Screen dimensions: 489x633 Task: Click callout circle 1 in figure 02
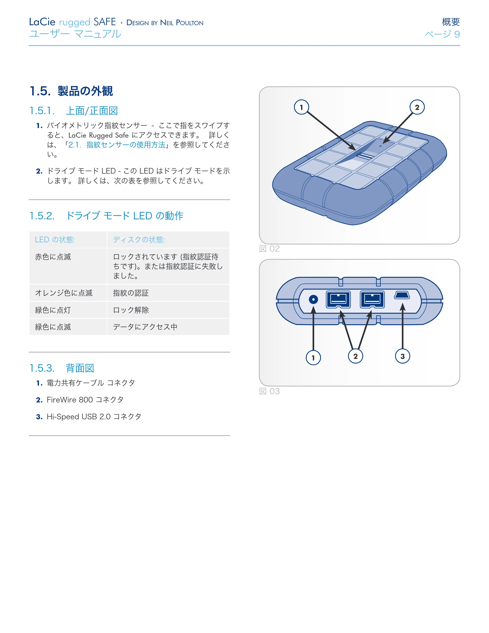[301, 107]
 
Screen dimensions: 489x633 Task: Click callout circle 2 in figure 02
[417, 107]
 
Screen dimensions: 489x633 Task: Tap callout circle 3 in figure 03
[403, 356]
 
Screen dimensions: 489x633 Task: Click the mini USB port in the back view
[402, 295]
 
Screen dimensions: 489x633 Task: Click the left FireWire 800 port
[338, 300]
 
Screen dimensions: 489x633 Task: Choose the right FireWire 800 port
[372, 300]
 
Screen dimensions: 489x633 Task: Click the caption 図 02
[269, 249]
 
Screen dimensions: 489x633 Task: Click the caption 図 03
[269, 391]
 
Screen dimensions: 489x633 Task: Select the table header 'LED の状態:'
[55, 240]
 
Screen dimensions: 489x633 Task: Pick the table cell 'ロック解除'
[131, 310]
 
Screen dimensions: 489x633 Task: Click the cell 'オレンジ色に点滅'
[64, 293]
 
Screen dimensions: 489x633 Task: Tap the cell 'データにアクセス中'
[145, 327]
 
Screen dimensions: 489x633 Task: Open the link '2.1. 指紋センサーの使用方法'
[117, 145]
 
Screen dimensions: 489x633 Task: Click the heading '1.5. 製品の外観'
[71, 91]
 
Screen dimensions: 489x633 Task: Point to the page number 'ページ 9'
[442, 34]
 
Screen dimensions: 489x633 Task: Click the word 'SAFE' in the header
[105, 22]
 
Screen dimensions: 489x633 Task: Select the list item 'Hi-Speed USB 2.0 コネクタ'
[94, 416]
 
